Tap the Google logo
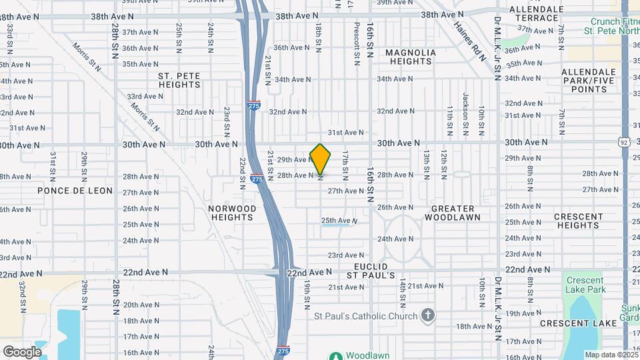pyautogui.click(x=22, y=351)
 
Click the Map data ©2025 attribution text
pyautogui.click(x=611, y=355)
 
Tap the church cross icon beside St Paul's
pyautogui.click(x=428, y=315)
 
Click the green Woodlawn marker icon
pyautogui.click(x=336, y=357)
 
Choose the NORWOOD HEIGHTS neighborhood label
pyautogui.click(x=232, y=213)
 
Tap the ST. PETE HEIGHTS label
pyautogui.click(x=179, y=80)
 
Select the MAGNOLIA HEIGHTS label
pyautogui.click(x=411, y=57)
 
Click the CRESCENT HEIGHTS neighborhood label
pyautogui.click(x=579, y=221)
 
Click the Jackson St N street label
pyautogui.click(x=466, y=107)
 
